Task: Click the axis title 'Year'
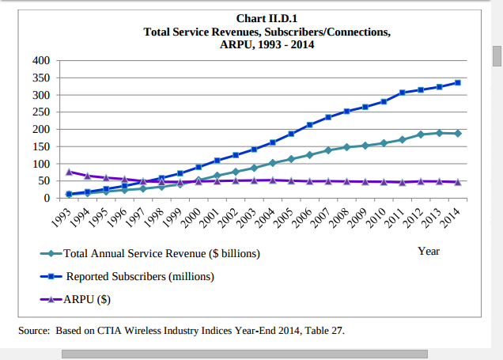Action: (429, 251)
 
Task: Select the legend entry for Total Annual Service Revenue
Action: (161, 254)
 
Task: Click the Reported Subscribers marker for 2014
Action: (458, 82)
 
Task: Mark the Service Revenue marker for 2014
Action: (458, 134)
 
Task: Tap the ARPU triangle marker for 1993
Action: (70, 172)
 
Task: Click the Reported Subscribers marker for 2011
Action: (403, 93)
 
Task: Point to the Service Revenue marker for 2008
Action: (347, 147)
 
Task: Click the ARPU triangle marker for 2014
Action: (458, 182)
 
